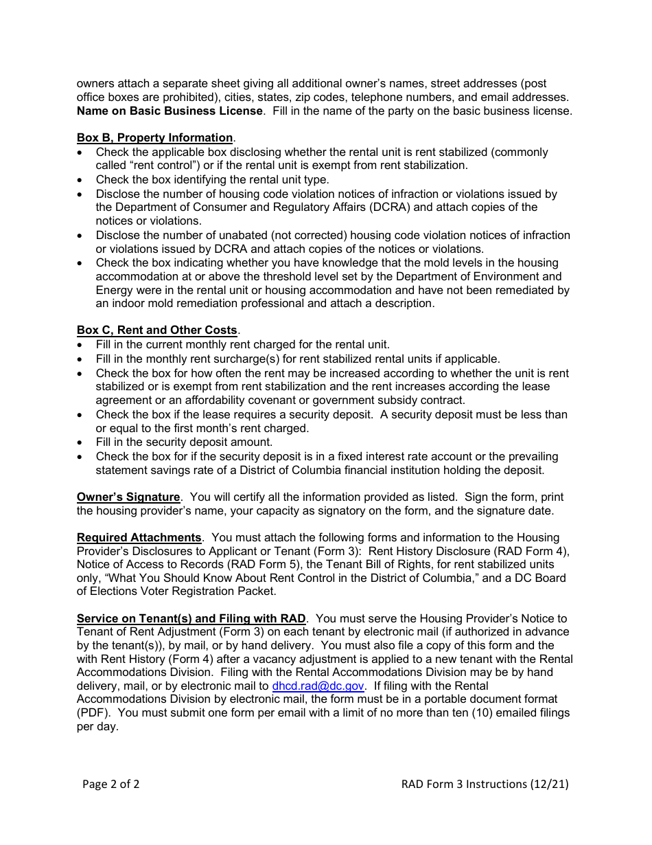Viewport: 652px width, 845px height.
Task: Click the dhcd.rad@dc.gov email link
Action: (318, 686)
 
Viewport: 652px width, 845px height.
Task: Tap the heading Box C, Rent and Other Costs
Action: (156, 330)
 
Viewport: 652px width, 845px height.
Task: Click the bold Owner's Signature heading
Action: (128, 497)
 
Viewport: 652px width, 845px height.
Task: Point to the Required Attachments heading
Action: (139, 537)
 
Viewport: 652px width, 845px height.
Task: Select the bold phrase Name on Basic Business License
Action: (170, 111)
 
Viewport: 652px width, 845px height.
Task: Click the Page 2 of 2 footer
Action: (110, 784)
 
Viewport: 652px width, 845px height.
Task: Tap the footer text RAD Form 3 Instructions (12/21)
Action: (485, 784)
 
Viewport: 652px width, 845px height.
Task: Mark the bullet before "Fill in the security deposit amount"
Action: (81, 443)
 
